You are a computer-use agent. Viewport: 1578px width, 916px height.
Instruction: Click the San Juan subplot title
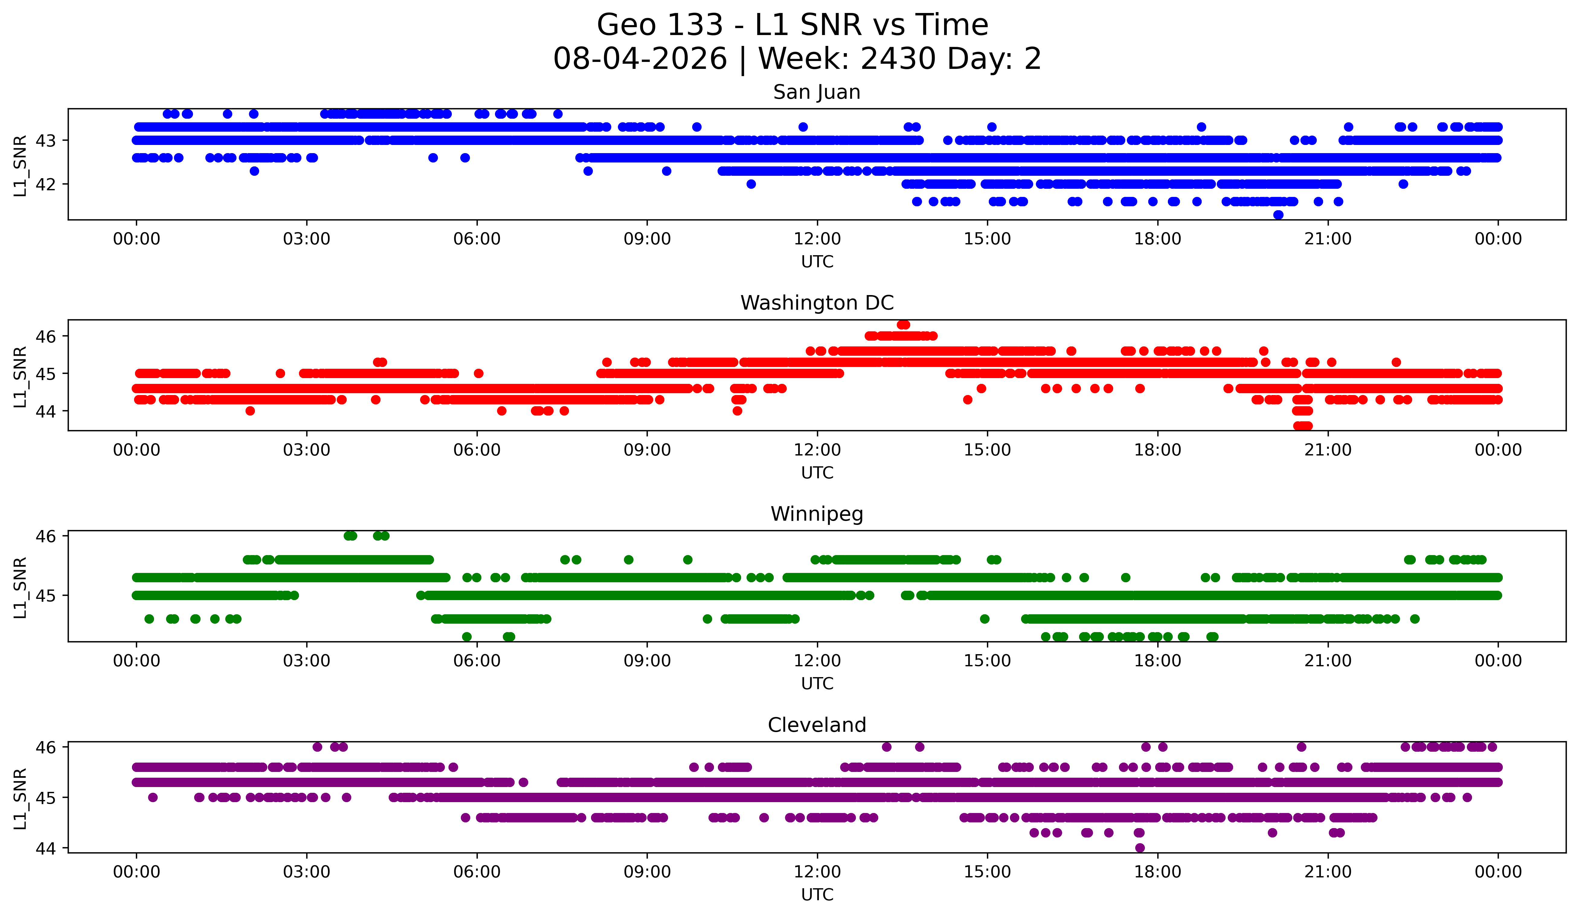[x=817, y=92]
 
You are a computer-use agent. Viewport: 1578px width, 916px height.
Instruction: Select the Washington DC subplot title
[x=817, y=303]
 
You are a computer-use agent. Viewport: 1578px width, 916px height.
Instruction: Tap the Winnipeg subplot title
[x=817, y=514]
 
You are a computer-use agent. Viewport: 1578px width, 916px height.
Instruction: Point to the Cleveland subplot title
[x=817, y=725]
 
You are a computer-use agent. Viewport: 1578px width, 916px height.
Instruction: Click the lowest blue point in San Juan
[x=1278, y=215]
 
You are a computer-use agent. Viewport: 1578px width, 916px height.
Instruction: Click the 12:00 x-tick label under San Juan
[x=817, y=239]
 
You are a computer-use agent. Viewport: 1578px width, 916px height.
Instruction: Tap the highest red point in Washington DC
[x=903, y=324]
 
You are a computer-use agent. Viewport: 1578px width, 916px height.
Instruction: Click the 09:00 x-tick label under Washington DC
[x=647, y=450]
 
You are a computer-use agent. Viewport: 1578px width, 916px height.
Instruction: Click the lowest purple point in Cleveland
[x=1140, y=848]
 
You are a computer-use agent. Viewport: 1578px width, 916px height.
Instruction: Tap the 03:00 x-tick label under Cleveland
[x=307, y=872]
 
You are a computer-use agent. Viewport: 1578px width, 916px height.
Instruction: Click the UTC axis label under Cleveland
[x=817, y=895]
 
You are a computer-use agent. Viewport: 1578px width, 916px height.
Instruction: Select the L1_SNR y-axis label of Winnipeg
[x=20, y=587]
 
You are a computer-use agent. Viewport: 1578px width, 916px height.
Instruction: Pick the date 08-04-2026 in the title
[x=640, y=59]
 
